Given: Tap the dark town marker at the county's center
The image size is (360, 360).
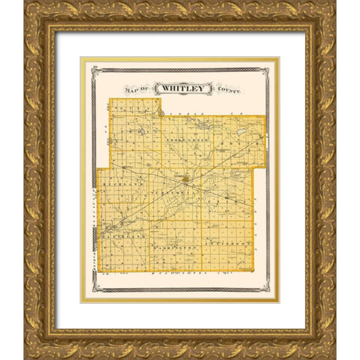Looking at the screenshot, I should (x=185, y=178).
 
